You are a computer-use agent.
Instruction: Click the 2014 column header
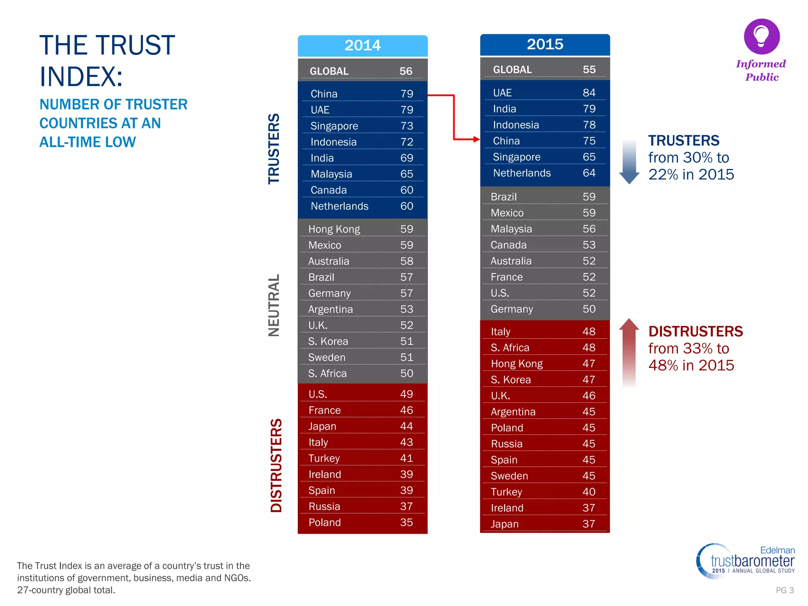tap(363, 45)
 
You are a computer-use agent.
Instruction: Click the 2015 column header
tap(545, 44)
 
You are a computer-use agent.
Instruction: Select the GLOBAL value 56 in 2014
tap(406, 71)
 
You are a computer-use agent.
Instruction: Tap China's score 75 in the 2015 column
tap(589, 141)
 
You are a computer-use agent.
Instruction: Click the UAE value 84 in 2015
tap(589, 93)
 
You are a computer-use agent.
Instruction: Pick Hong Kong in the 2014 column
tap(334, 229)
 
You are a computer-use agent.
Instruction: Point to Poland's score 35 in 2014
tap(406, 522)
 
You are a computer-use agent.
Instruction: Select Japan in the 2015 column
tap(505, 524)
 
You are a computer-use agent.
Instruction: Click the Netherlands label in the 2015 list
tap(522, 173)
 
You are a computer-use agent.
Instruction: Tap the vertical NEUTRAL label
tap(274, 305)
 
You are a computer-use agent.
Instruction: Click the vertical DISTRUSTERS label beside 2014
tap(276, 465)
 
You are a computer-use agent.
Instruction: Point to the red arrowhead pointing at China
tap(476, 139)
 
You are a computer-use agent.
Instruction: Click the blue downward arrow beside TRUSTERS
tap(629, 162)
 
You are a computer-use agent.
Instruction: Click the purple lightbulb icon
tap(761, 36)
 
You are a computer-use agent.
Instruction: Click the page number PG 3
tap(784, 590)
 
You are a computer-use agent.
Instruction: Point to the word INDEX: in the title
tap(81, 77)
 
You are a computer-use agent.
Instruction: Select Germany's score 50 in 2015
tap(589, 309)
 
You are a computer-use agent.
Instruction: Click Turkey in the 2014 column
tap(324, 458)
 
